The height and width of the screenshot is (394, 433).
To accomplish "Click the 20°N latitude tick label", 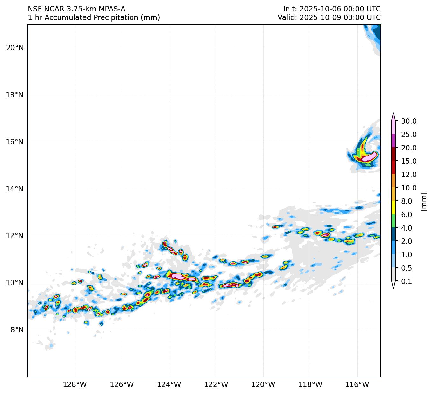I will point(15,48).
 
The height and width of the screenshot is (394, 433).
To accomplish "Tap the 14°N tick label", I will point(15,189).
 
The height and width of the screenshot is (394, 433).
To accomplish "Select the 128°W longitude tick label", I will point(75,385).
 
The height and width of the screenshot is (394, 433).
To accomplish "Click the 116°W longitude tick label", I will point(357,385).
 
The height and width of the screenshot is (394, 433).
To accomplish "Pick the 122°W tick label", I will point(216,385).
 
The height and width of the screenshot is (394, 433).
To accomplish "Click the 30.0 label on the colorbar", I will point(409,121).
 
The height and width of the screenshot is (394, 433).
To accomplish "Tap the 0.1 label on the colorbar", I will point(407,281).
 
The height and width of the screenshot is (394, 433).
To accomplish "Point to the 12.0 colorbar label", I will point(409,175).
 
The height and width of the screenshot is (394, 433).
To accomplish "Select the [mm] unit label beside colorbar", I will point(423,201).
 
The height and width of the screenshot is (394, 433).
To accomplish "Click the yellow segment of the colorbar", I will point(394,208).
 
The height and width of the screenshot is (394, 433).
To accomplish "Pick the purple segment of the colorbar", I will point(394,141).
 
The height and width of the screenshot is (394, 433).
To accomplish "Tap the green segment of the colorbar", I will point(394,221).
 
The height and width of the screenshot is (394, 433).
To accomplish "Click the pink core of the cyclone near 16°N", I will point(369,157).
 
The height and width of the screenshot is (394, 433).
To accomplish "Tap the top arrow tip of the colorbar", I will point(394,113).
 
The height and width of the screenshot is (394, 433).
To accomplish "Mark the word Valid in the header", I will point(287,17).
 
